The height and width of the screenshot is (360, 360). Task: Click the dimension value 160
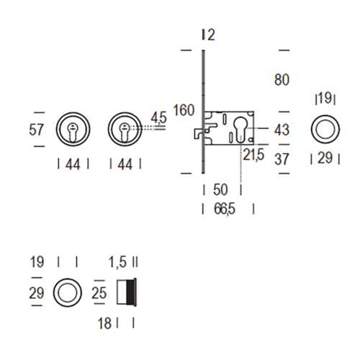point(184,110)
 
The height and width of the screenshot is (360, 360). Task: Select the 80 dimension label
point(282,80)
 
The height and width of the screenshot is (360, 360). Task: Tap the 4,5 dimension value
point(158,118)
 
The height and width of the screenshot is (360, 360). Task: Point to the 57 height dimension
point(36,130)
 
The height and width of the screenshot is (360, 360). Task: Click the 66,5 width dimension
point(225,209)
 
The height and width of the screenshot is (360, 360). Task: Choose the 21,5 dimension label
point(253,155)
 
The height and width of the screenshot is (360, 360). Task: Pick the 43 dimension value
point(282,130)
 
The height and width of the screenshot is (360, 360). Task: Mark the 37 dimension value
point(282,159)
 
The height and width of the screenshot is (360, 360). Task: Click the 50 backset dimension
point(220,190)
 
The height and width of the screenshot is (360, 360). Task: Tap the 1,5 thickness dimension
point(117,262)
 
